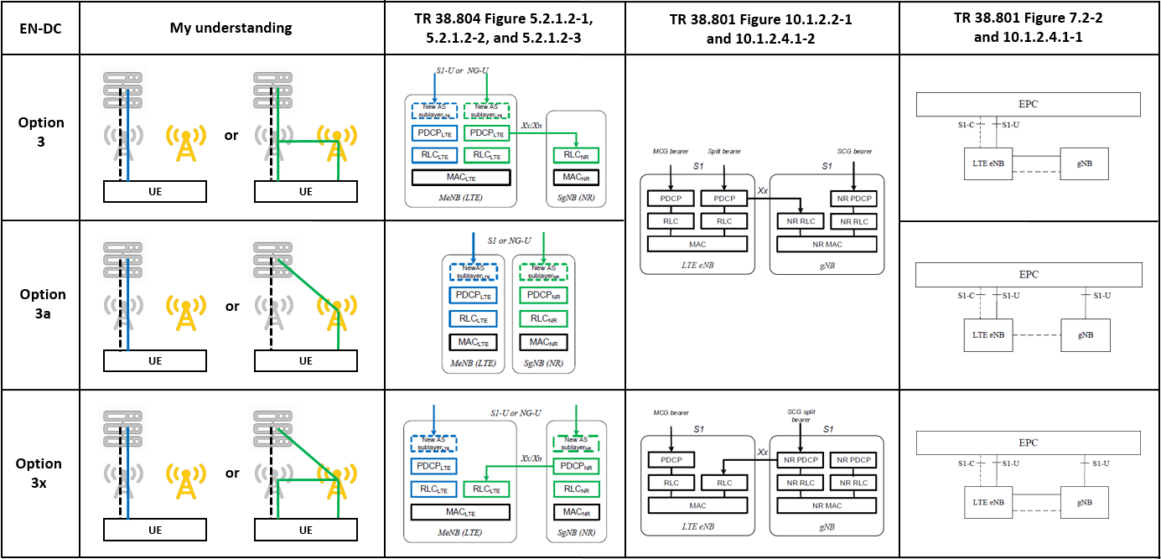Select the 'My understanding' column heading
point(231,28)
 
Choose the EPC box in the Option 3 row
point(1028,104)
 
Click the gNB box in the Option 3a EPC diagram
point(1086,334)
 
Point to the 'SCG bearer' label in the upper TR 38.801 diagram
point(853,151)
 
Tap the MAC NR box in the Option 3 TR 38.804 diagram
point(576,178)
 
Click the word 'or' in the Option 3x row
point(232,474)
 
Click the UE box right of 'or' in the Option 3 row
point(305,192)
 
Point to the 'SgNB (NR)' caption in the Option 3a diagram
point(542,364)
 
